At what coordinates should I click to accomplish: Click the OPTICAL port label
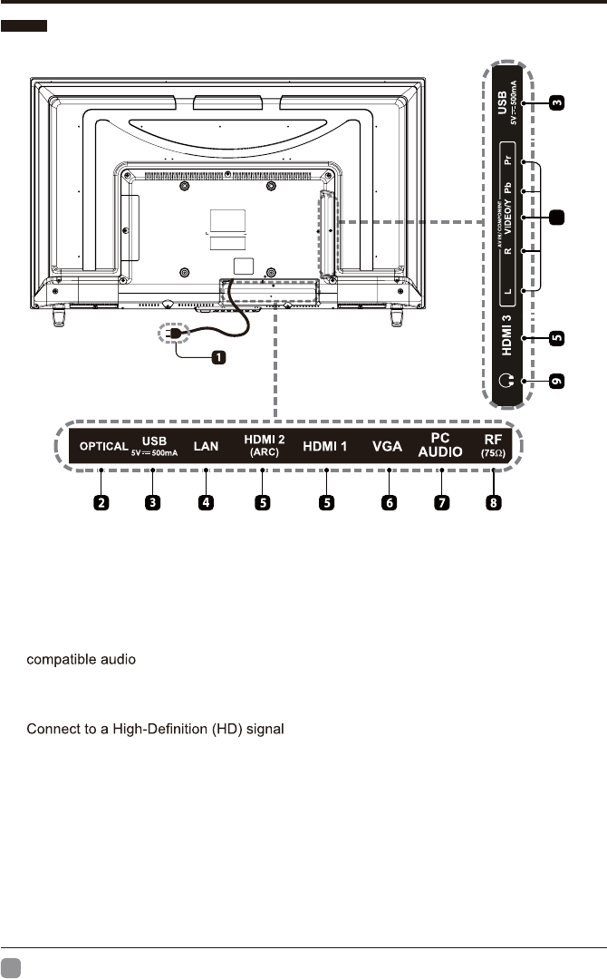(103, 446)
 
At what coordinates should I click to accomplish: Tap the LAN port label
(207, 446)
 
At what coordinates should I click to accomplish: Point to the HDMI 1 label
(324, 446)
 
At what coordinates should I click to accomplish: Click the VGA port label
(388, 446)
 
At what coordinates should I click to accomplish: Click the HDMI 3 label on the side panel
(512, 339)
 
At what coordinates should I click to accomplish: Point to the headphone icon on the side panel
(512, 382)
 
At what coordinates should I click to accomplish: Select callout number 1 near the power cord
(218, 357)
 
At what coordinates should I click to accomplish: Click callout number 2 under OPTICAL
(102, 502)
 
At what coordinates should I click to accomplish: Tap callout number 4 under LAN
(207, 502)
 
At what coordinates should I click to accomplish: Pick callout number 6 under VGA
(389, 502)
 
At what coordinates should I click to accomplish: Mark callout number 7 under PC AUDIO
(440, 502)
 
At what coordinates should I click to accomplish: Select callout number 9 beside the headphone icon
(558, 382)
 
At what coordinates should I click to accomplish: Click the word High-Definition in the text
(153, 730)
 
